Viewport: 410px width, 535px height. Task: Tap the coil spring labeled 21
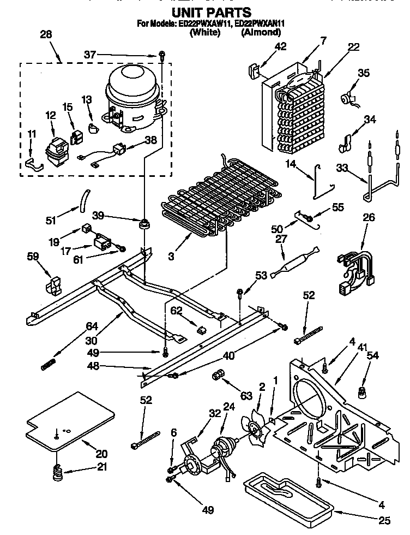coord(57,471)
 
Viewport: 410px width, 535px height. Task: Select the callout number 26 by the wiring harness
coord(369,217)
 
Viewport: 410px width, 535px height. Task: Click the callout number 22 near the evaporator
coord(353,47)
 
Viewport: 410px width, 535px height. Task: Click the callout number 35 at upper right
coord(364,73)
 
